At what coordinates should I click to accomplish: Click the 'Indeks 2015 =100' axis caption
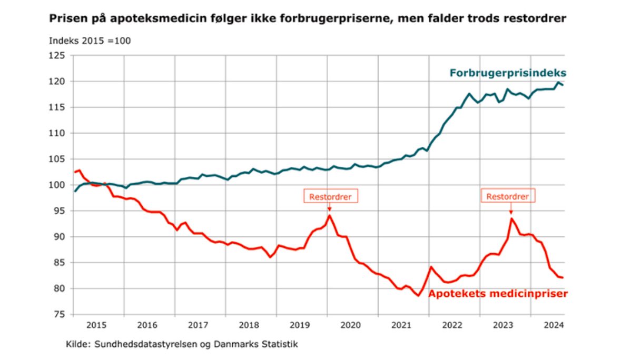pyautogui.click(x=90, y=41)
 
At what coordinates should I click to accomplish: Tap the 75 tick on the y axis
pyautogui.click(x=60, y=314)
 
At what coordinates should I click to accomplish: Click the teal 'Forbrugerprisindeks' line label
pyautogui.click(x=508, y=73)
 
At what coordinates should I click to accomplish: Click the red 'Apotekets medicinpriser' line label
pyautogui.click(x=498, y=294)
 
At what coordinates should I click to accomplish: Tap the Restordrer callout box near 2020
pyautogui.click(x=330, y=196)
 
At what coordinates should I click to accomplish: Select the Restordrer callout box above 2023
pyautogui.click(x=508, y=196)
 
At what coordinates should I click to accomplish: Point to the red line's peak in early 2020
pyautogui.click(x=330, y=215)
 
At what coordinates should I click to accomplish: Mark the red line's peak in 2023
pyautogui.click(x=511, y=218)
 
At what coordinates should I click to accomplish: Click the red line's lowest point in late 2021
pyautogui.click(x=418, y=295)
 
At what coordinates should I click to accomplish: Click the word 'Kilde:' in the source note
pyautogui.click(x=77, y=345)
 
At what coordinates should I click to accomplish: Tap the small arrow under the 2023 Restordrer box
pyautogui.click(x=510, y=209)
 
